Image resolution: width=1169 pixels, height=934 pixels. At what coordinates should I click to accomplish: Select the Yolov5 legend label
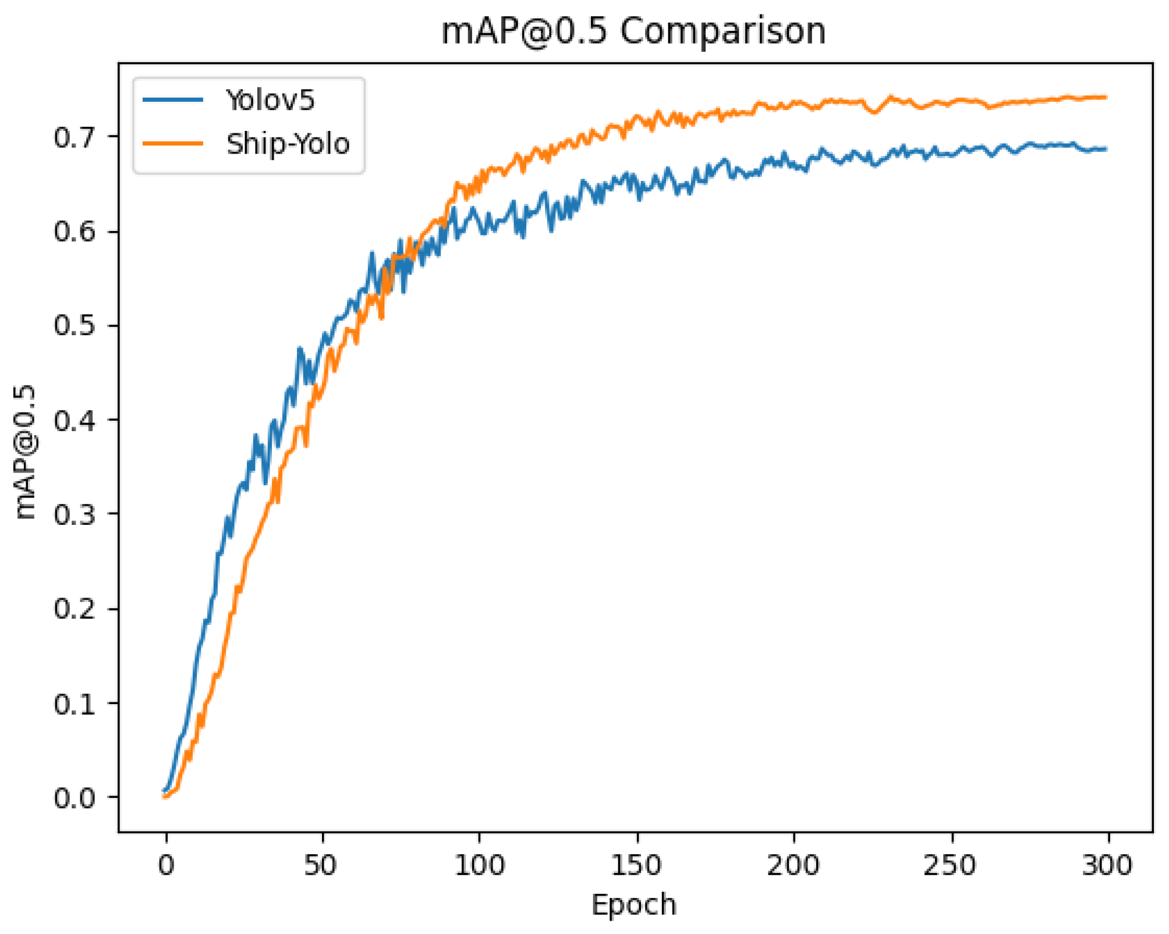(x=270, y=100)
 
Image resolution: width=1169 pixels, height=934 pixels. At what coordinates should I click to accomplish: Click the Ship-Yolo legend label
(x=288, y=144)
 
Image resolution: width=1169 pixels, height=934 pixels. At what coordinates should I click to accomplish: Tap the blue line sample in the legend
(x=173, y=100)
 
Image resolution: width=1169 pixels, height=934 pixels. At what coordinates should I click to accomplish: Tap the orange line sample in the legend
(x=173, y=144)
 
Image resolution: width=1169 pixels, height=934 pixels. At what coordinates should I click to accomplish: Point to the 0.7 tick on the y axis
(x=74, y=138)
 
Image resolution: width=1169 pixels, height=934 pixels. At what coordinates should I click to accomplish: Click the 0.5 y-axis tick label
(x=74, y=326)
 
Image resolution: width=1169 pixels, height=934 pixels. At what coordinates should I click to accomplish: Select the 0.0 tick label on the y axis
(x=74, y=798)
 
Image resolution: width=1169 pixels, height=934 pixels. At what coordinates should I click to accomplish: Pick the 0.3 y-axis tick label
(x=74, y=514)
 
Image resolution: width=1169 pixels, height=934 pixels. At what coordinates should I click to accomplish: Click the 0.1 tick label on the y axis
(x=74, y=704)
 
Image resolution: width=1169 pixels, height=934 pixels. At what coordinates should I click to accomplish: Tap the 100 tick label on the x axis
(x=479, y=865)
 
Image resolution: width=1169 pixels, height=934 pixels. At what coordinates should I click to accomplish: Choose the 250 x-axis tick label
(x=950, y=865)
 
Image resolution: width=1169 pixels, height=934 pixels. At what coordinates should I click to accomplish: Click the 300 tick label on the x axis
(x=1107, y=865)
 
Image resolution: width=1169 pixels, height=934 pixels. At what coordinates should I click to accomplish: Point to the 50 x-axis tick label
(x=321, y=865)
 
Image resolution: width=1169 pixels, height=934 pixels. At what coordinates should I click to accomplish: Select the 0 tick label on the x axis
(x=166, y=865)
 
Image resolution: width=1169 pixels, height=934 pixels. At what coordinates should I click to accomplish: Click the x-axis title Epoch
(x=633, y=905)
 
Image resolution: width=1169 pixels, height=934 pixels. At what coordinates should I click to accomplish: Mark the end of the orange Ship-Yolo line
(x=1105, y=97)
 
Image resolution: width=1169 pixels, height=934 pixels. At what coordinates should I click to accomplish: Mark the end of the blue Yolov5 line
(x=1105, y=149)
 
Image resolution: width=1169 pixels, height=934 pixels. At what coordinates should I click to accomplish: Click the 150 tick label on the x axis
(x=636, y=865)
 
